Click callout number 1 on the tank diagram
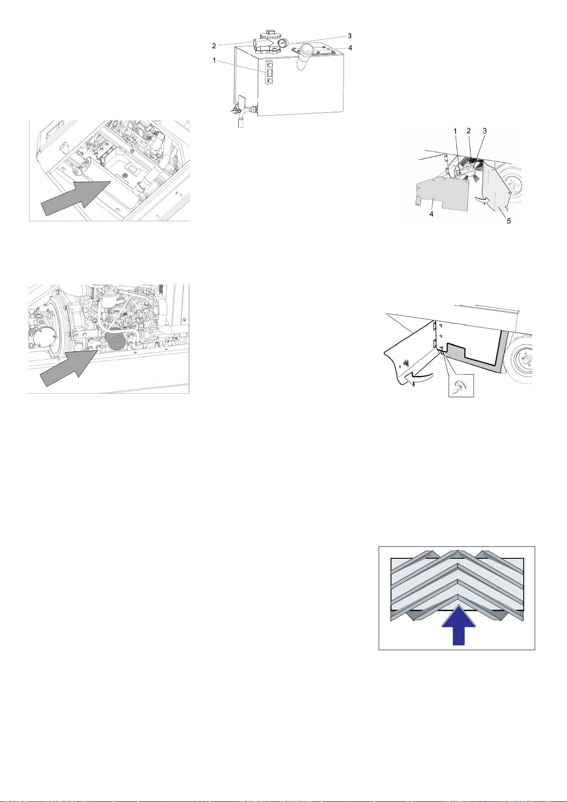pos(214,60)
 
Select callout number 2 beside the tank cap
pos(214,46)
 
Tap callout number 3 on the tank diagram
pos(350,36)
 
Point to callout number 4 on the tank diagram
pos(350,48)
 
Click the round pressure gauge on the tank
pos(283,43)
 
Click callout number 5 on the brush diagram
pos(508,221)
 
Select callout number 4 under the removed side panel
pos(431,214)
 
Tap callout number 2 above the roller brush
pos(469,131)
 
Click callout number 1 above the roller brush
pos(455,131)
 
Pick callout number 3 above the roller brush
pos(485,131)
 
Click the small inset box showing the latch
pos(461,386)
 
